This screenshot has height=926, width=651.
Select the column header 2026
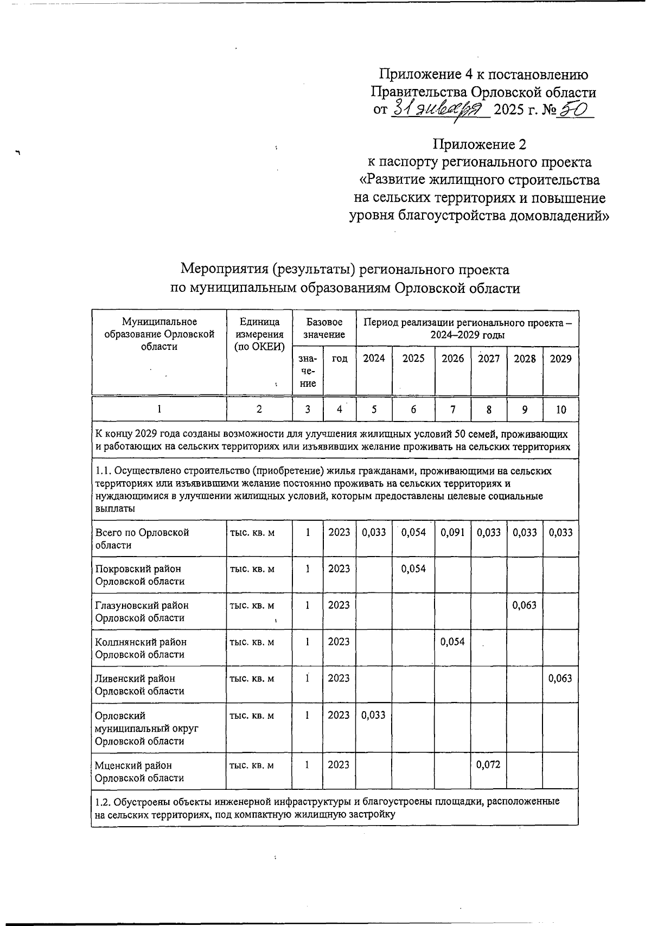(452, 359)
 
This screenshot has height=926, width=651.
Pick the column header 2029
(560, 359)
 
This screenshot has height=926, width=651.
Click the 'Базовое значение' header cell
(324, 328)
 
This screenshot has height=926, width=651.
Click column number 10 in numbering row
(560, 410)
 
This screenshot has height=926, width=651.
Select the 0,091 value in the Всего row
(452, 532)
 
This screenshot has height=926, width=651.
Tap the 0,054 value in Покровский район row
(413, 569)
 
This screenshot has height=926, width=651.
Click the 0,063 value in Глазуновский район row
(525, 605)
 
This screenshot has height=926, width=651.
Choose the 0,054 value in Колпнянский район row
(452, 642)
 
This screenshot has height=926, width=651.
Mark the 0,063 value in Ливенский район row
(560, 678)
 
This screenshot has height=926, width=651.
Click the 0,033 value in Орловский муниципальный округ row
(373, 714)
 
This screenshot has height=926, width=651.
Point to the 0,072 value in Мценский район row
(488, 765)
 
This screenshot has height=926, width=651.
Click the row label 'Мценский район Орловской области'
(140, 771)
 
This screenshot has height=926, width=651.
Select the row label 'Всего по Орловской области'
(142, 539)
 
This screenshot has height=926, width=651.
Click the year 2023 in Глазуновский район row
(339, 605)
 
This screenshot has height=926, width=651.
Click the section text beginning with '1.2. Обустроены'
(325, 808)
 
